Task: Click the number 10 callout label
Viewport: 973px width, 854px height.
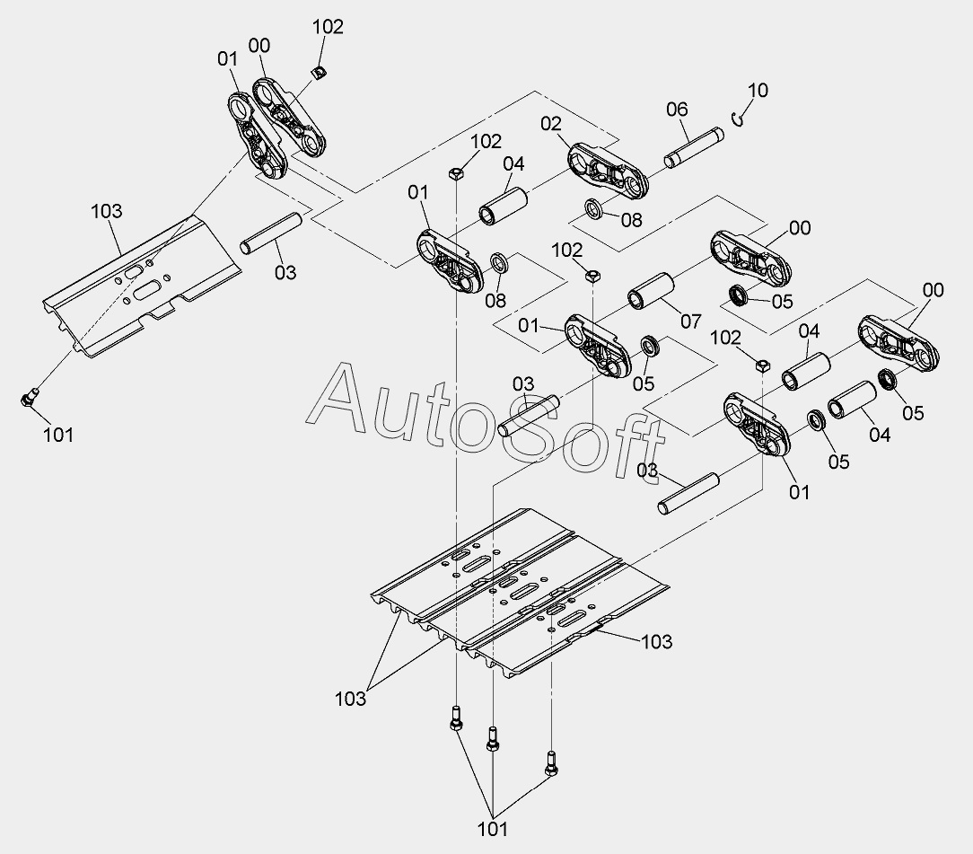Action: coord(758,91)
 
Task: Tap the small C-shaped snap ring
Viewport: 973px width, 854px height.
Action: coord(738,119)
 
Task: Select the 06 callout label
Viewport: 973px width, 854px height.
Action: coord(677,110)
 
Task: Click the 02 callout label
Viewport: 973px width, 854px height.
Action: coord(550,123)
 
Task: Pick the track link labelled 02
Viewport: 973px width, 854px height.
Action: coord(608,171)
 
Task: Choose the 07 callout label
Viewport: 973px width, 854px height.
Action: coord(690,320)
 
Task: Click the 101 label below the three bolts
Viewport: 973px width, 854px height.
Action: coord(493,828)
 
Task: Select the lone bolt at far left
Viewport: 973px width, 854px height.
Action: coord(30,397)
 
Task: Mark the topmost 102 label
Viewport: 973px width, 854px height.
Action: coord(328,27)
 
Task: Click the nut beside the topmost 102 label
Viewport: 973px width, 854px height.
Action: coord(319,70)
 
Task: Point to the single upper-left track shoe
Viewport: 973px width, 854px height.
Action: coord(144,283)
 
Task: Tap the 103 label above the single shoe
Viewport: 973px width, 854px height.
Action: coord(107,211)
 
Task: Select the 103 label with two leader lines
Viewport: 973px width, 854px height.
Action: coord(350,698)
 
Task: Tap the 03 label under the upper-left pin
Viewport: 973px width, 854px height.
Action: coord(285,272)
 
